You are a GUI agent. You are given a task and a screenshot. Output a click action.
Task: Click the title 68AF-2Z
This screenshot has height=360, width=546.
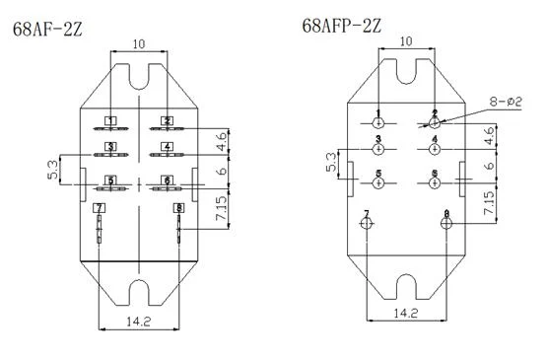coord(47,30)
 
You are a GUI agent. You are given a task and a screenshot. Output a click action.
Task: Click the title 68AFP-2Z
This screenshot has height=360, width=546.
coord(342,26)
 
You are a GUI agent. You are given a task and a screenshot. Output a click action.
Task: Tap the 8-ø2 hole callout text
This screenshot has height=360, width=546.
coord(506,102)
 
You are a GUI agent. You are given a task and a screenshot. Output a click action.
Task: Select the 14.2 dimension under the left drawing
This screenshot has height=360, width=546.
coord(138,322)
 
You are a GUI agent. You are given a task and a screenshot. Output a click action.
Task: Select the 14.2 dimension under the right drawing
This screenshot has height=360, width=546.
coord(406,313)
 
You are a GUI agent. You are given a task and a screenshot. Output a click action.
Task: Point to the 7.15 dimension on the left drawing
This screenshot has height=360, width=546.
coord(221,208)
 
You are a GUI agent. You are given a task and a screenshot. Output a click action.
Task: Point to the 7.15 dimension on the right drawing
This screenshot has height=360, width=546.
coord(489,202)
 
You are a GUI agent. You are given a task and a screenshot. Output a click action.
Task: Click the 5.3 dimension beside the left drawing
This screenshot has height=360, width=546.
coord(52,170)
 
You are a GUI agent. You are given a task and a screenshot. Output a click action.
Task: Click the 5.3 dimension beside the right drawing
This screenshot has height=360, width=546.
coord(331,162)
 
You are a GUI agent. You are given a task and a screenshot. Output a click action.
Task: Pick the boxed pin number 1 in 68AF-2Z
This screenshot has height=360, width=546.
coord(110,121)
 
